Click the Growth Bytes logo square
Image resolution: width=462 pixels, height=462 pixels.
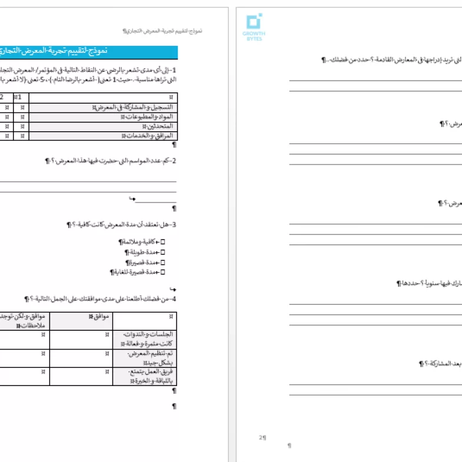(x=254, y=22)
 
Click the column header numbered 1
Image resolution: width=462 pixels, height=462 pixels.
(x=20, y=97)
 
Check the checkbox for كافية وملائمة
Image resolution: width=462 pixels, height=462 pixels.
(x=163, y=242)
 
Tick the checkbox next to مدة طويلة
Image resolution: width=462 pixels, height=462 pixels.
(x=163, y=252)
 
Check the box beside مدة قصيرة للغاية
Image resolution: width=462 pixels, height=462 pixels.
(x=163, y=272)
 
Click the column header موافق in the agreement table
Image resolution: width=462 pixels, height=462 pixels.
(x=100, y=317)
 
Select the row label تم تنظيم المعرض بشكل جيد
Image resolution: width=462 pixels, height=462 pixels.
(x=151, y=358)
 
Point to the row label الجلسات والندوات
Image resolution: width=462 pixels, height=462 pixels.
(x=151, y=338)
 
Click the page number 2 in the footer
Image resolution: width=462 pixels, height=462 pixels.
(x=262, y=437)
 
